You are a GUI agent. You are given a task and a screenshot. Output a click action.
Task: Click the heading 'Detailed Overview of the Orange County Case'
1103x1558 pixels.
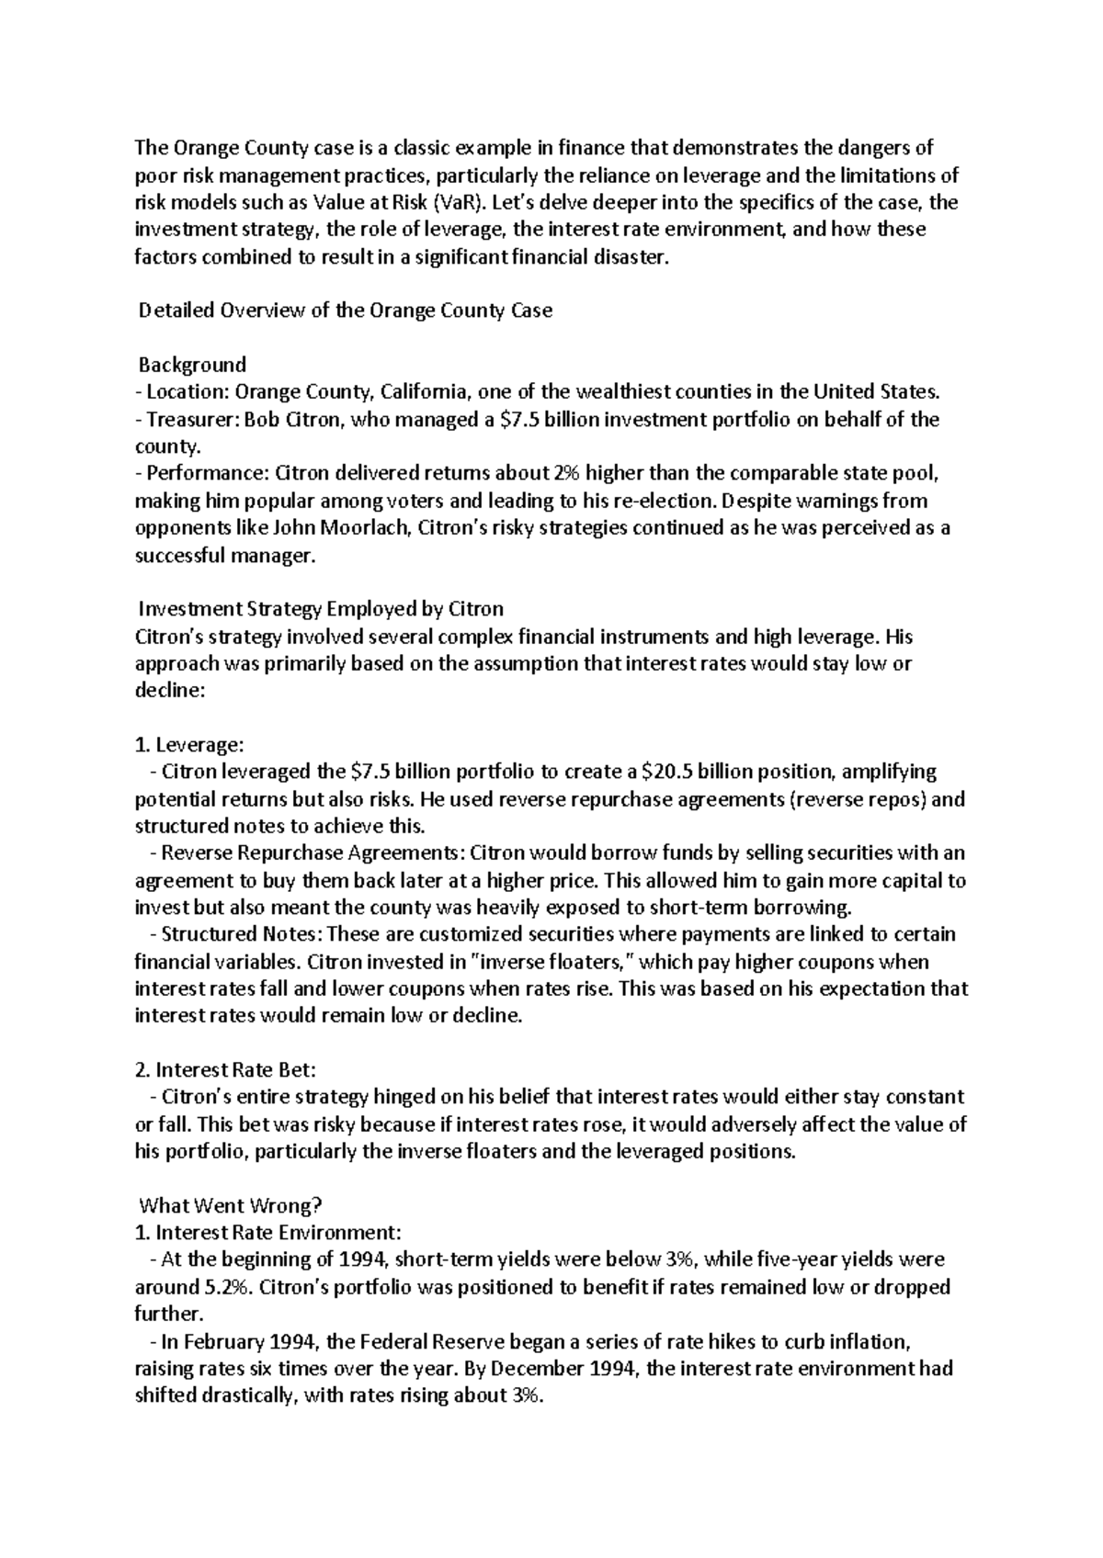click(x=345, y=310)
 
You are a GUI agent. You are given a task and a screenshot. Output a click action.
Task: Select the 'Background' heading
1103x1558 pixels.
click(x=191, y=365)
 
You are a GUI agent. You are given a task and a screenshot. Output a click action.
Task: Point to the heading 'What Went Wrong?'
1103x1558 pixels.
click(x=231, y=1205)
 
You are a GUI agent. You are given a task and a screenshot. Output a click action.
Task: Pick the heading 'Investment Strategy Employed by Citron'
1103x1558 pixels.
click(x=320, y=609)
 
